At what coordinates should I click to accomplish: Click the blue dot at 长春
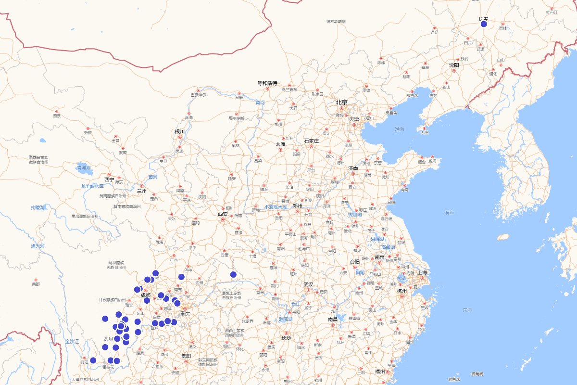(x=484, y=24)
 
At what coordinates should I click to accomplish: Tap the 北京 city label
(x=341, y=102)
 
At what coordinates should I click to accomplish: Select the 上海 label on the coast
(x=423, y=272)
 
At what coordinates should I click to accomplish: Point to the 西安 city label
(x=222, y=214)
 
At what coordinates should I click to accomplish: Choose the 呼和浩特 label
(x=267, y=83)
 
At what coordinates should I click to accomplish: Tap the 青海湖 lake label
(x=84, y=168)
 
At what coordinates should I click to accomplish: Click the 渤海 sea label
(x=400, y=129)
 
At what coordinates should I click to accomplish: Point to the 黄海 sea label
(x=450, y=212)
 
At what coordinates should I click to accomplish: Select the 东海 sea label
(x=467, y=309)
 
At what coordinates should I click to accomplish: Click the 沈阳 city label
(x=454, y=65)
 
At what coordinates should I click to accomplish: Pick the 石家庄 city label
(x=311, y=141)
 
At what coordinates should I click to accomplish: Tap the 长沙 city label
(x=286, y=338)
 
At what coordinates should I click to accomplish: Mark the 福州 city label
(x=380, y=371)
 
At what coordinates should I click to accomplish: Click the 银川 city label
(x=180, y=131)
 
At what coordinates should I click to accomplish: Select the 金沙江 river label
(x=72, y=341)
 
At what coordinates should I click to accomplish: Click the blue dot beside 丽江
(x=93, y=360)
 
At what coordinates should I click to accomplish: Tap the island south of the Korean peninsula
(x=503, y=237)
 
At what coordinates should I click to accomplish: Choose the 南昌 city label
(x=333, y=319)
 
